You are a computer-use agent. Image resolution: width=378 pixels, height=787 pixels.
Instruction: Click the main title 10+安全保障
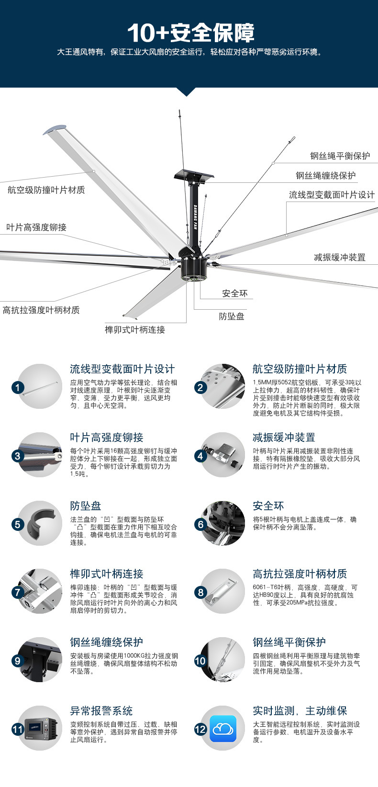pyautogui.click(x=191, y=33)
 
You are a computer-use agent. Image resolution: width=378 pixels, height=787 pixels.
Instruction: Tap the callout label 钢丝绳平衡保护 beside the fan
pyautogui.click(x=340, y=156)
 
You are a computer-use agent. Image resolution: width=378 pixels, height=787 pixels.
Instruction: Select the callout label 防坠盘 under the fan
pyautogui.click(x=232, y=316)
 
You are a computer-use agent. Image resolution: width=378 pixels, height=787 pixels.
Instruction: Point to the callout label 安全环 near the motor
pyautogui.click(x=234, y=293)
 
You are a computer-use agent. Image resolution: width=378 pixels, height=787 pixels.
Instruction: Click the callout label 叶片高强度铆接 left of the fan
pyautogui.click(x=36, y=227)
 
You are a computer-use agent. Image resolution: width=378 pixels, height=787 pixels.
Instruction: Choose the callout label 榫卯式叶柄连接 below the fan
pyautogui.click(x=135, y=329)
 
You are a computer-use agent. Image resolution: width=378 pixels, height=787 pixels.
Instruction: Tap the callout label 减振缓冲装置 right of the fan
pyautogui.click(x=340, y=258)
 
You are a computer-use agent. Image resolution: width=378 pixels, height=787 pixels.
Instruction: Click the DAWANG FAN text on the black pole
pyautogui.click(x=195, y=217)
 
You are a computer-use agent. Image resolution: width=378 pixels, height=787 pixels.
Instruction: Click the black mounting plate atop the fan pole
pyautogui.click(x=194, y=175)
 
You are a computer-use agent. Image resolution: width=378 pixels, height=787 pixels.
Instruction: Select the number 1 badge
pyautogui.click(x=18, y=388)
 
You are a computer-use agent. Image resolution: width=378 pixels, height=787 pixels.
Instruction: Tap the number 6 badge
pyautogui.click(x=200, y=525)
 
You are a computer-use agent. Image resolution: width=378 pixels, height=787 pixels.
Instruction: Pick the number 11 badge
pyautogui.click(x=18, y=730)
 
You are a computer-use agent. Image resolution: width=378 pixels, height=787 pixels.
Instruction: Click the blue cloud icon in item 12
pyautogui.click(x=223, y=729)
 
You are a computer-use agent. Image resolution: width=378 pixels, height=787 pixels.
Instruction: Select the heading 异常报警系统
pyautogui.click(x=101, y=711)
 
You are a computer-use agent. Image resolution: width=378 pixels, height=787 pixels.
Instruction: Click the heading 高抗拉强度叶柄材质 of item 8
pyautogui.click(x=300, y=574)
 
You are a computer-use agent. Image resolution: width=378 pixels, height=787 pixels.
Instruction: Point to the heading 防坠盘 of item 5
pyautogui.click(x=85, y=506)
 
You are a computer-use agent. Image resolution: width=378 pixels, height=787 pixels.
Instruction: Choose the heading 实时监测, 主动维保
pyautogui.click(x=300, y=711)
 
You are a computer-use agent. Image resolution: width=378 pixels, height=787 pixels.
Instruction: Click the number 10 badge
pyautogui.click(x=200, y=661)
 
